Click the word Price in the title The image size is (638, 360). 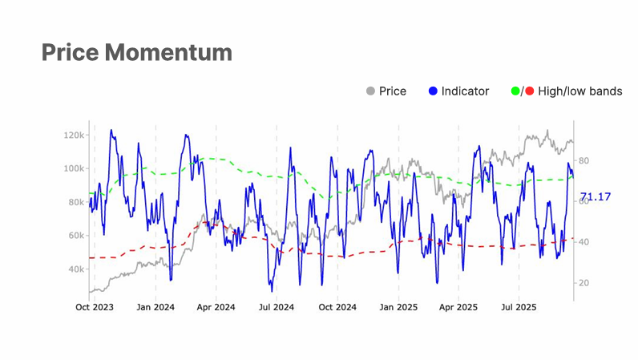coord(70,53)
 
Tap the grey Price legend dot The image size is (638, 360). coord(370,91)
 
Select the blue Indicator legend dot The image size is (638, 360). coord(433,91)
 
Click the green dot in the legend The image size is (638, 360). coord(515,91)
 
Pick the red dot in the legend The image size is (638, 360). coord(530,91)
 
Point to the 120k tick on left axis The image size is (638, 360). coord(75,135)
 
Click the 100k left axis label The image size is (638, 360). coord(75,168)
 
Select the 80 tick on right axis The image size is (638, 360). coord(583,160)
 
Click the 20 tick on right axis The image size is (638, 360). coord(583,283)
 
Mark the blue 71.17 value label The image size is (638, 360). coord(596,196)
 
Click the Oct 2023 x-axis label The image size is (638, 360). coord(94,307)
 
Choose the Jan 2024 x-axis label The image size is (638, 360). coord(155,307)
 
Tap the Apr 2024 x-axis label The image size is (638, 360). coord(216,307)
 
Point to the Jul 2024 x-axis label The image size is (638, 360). coord(276,307)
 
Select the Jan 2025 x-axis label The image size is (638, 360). coord(398,307)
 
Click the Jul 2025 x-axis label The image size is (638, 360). coord(519,307)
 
